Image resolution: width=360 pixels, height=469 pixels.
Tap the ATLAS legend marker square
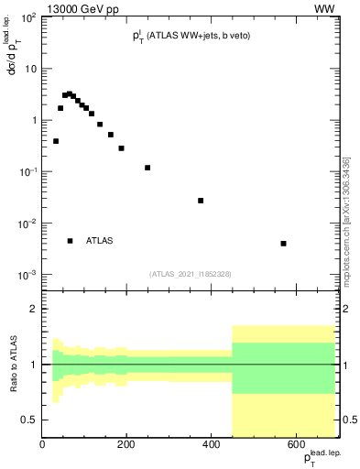point(70,241)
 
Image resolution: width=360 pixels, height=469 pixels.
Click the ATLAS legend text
point(100,241)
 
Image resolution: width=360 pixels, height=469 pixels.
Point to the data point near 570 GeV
point(284,244)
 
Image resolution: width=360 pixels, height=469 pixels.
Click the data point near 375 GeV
point(201,201)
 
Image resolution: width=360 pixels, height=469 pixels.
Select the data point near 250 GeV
point(147,168)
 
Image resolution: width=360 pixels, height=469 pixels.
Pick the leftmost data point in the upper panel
point(56,141)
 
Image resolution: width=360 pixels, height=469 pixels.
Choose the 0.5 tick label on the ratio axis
point(28,420)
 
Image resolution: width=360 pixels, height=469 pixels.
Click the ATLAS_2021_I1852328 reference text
point(191,274)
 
